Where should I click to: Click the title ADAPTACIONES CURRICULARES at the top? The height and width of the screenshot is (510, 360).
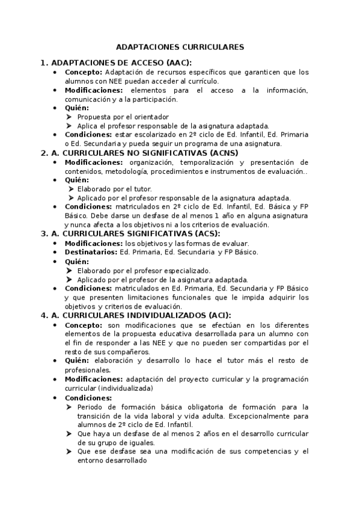[180, 46]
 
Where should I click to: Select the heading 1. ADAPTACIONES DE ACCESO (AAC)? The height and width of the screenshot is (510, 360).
[115, 63]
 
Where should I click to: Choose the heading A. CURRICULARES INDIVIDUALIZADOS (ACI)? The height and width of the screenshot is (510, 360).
[135, 315]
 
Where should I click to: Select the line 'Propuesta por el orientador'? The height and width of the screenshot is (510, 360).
[123, 117]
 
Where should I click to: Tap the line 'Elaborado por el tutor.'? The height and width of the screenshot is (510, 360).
[114, 189]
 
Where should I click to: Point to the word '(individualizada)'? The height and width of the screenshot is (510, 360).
[127, 389]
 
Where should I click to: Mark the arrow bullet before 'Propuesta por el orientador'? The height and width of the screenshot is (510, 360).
[70, 117]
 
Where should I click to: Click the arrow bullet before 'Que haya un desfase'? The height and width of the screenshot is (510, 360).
[70, 434]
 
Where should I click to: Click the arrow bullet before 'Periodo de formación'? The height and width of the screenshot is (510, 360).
[70, 407]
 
